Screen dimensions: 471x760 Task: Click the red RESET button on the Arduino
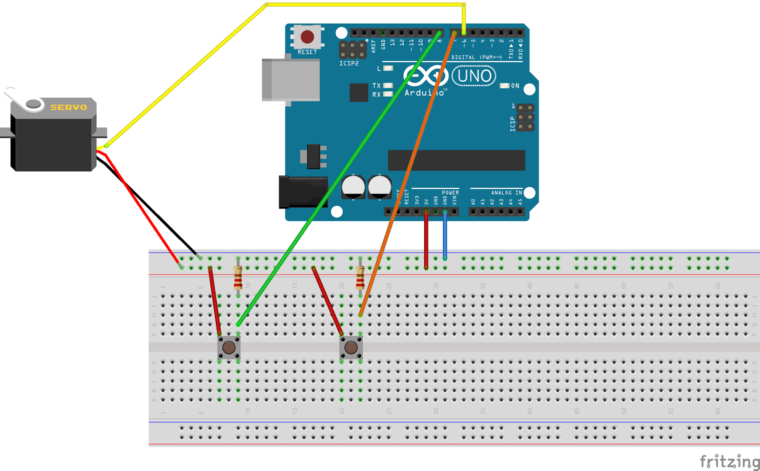coord(307,37)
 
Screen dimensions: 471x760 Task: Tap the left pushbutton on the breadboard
coord(228,347)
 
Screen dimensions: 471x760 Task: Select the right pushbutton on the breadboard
coord(351,347)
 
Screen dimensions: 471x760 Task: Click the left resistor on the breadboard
coord(238,278)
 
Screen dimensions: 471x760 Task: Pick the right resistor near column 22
coord(360,278)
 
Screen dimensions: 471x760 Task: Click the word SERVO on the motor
coord(69,107)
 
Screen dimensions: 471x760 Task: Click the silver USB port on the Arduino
coord(291,80)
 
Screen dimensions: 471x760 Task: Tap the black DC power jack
coord(302,192)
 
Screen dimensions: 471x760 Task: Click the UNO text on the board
coord(474,76)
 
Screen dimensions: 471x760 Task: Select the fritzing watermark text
coord(729,461)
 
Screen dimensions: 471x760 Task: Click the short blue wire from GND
coord(445,235)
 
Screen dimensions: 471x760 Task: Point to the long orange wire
coord(408,171)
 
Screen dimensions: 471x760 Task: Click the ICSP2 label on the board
coord(349,63)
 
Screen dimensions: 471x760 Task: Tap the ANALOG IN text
coord(506,192)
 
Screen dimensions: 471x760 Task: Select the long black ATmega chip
coord(456,160)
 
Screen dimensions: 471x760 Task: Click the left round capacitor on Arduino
coord(353,187)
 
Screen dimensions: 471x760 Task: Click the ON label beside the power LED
coord(515,86)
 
